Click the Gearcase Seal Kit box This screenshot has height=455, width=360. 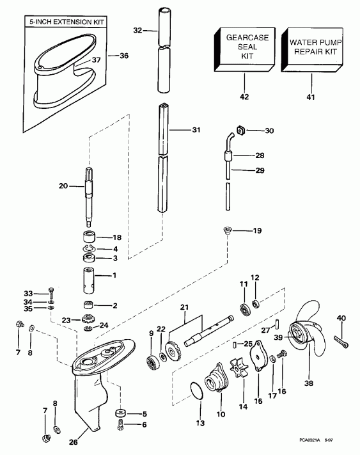click(243, 49)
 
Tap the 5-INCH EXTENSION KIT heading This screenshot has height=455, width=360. click(65, 22)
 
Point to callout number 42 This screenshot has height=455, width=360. click(244, 97)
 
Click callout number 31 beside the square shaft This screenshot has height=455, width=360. click(196, 130)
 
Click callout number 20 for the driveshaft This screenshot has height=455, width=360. click(63, 186)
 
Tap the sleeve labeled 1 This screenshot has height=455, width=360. click(89, 279)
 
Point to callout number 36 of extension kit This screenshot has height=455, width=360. click(124, 56)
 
